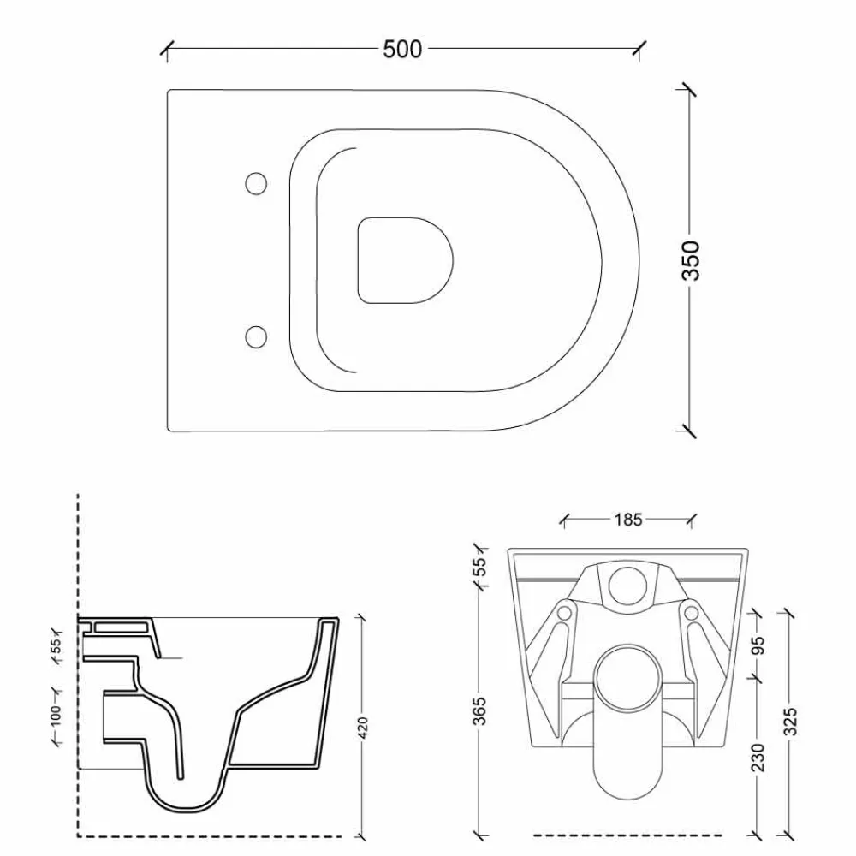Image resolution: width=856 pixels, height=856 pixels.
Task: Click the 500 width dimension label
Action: pyautogui.click(x=402, y=49)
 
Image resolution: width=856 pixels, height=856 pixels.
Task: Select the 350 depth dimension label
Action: pyautogui.click(x=691, y=260)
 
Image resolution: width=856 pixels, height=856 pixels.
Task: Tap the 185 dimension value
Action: pyautogui.click(x=628, y=520)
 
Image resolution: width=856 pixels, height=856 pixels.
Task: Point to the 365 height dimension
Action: pyautogui.click(x=479, y=710)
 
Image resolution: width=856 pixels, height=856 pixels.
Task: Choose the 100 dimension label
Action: pyautogui.click(x=56, y=716)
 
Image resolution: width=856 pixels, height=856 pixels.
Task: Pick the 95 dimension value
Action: pyautogui.click(x=758, y=645)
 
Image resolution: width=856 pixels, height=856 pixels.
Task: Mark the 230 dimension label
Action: pyautogui.click(x=758, y=757)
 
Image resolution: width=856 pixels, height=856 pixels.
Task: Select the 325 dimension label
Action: pyautogui.click(x=790, y=721)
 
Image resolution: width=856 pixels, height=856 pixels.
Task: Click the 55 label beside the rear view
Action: pyautogui.click(x=479, y=567)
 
